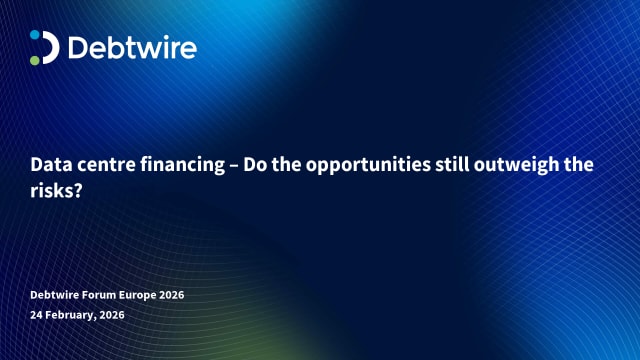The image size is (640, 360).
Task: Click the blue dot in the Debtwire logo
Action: coord(35,35)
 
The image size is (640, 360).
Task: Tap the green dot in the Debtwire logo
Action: coord(35,59)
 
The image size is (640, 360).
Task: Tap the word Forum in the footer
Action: coord(102,295)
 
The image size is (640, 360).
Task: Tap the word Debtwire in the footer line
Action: coord(56,295)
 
